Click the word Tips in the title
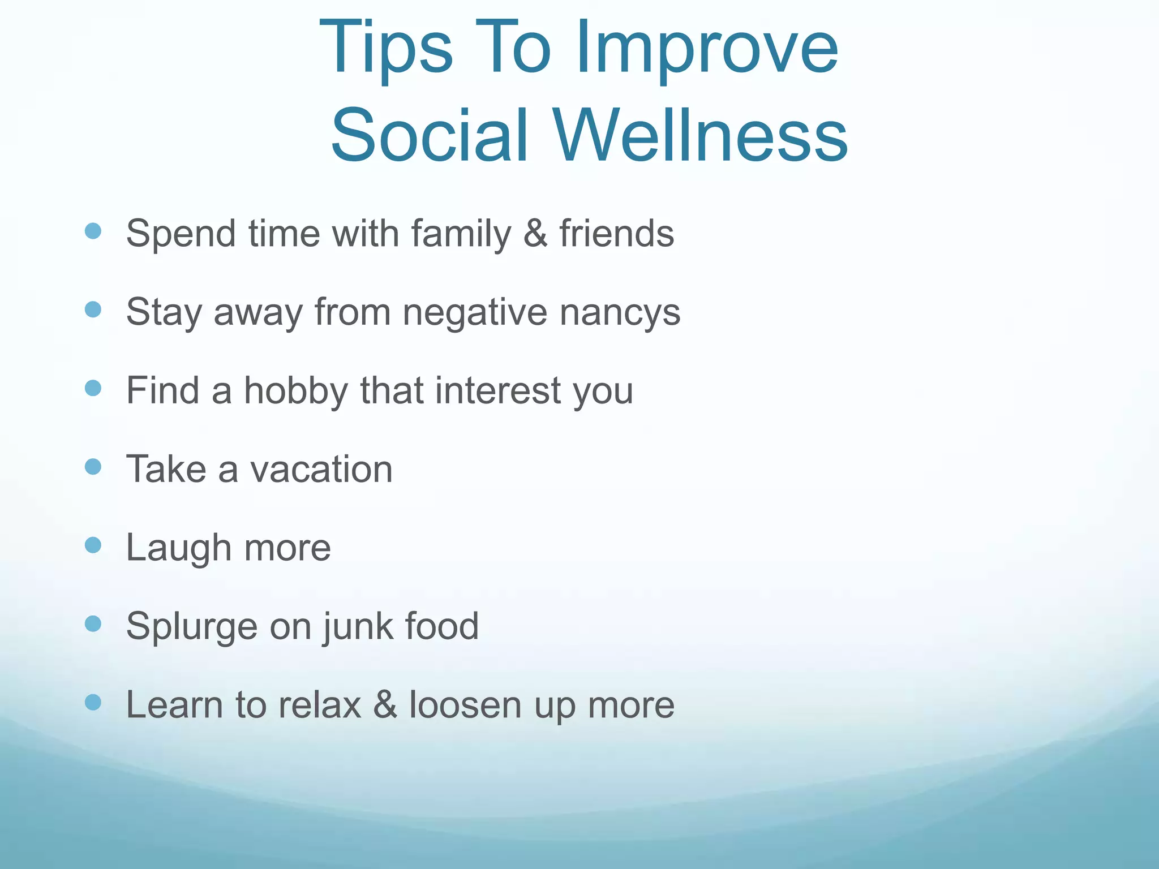point(387,48)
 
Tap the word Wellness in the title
point(700,136)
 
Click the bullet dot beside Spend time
point(93,231)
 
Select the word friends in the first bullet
point(617,233)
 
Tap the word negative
point(475,312)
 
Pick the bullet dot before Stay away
point(93,309)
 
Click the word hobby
point(296,390)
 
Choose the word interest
point(497,390)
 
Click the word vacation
point(321,469)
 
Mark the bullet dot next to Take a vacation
point(93,467)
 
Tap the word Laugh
point(179,548)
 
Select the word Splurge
point(191,627)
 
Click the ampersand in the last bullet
point(385,705)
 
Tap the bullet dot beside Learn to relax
point(93,702)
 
